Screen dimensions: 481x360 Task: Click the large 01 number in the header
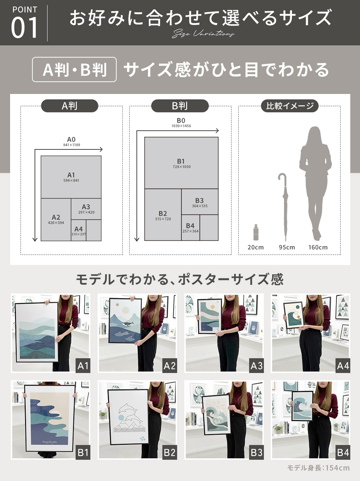pyautogui.click(x=24, y=28)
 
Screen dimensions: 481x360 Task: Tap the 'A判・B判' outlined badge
pyautogui.click(x=75, y=69)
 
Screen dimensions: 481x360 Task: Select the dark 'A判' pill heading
pyautogui.click(x=69, y=106)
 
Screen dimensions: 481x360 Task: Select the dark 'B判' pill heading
pyautogui.click(x=180, y=106)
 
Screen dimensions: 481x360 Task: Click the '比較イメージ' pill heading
pyautogui.click(x=290, y=106)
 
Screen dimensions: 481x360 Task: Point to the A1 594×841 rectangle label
pyautogui.click(x=71, y=177)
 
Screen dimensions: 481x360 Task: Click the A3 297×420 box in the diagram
pyautogui.click(x=86, y=209)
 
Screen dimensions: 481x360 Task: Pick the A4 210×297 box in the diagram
pyautogui.click(x=78, y=231)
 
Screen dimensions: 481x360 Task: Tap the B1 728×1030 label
pyautogui.click(x=181, y=163)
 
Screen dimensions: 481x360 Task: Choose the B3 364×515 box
pyautogui.click(x=199, y=202)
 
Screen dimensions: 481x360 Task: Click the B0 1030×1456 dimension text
pyautogui.click(x=181, y=123)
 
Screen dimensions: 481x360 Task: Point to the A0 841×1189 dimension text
pyautogui.click(x=72, y=141)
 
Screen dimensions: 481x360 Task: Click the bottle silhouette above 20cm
pyautogui.click(x=256, y=233)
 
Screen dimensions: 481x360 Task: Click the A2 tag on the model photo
pyautogui.click(x=169, y=366)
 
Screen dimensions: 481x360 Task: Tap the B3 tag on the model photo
pyautogui.click(x=256, y=452)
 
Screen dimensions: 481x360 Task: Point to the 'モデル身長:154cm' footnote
pyautogui.click(x=318, y=468)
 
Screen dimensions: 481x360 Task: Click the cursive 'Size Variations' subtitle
pyautogui.click(x=203, y=34)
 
